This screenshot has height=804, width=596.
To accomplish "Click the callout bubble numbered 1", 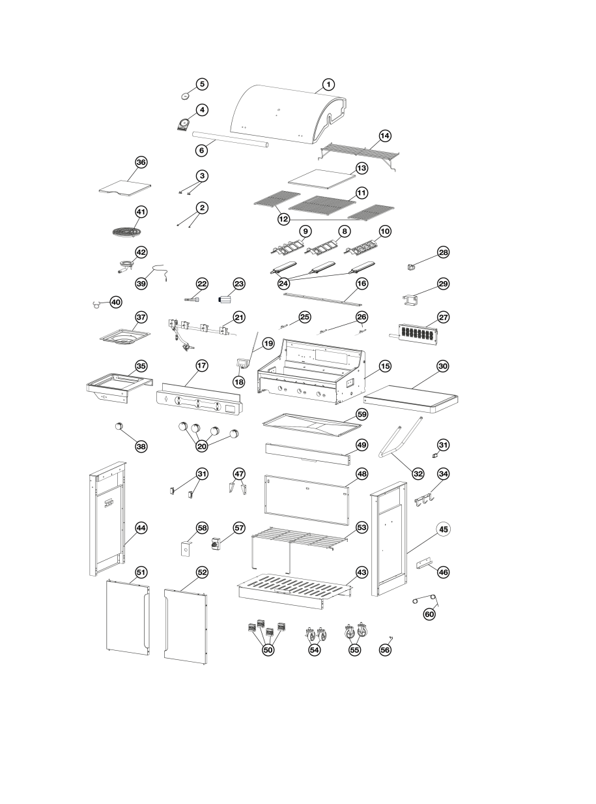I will pos(328,84).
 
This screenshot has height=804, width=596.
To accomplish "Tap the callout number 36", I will pos(141,162).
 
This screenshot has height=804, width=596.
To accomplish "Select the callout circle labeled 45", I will pos(443,529).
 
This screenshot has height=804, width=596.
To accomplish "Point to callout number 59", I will pos(362,413).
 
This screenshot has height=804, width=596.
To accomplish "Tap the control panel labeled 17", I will pos(199,404).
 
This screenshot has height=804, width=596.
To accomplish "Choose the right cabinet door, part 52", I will pos(186,624).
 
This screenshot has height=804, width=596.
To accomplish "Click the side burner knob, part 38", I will pos(120,426).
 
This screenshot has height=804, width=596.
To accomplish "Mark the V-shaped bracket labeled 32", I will pos(400,438).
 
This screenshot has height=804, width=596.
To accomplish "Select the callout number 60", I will pos(429,614).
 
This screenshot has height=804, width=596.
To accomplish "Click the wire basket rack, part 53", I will pos(293,541).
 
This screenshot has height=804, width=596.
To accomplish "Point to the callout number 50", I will pos(268,649).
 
